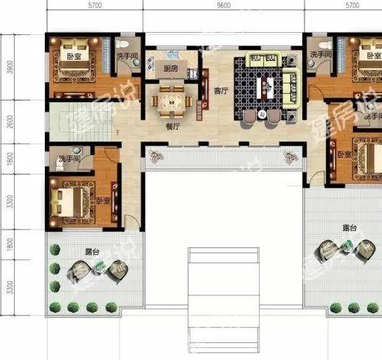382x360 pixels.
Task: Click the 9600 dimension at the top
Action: point(224,6)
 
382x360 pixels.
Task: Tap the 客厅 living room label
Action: point(219,92)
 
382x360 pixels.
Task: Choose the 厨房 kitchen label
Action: point(171,69)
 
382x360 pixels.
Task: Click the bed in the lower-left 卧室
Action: point(69,200)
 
